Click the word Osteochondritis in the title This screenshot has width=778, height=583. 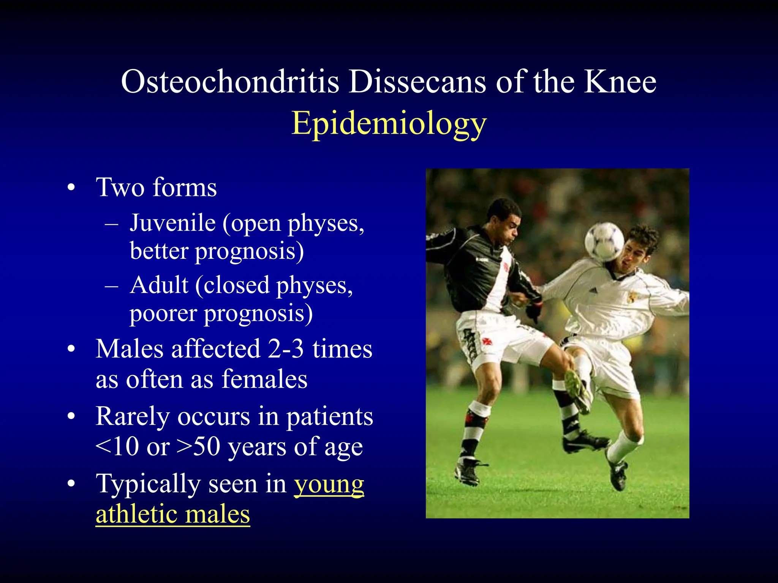(230, 82)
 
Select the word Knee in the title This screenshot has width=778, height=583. (620, 82)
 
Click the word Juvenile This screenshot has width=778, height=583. (173, 223)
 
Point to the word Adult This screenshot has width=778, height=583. (159, 285)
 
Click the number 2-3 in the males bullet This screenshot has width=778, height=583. (286, 349)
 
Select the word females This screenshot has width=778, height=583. (264, 379)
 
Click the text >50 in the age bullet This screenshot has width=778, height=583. (198, 447)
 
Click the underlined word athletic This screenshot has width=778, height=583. (137, 514)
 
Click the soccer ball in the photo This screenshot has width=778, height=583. (604, 242)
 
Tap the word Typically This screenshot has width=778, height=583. (148, 484)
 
